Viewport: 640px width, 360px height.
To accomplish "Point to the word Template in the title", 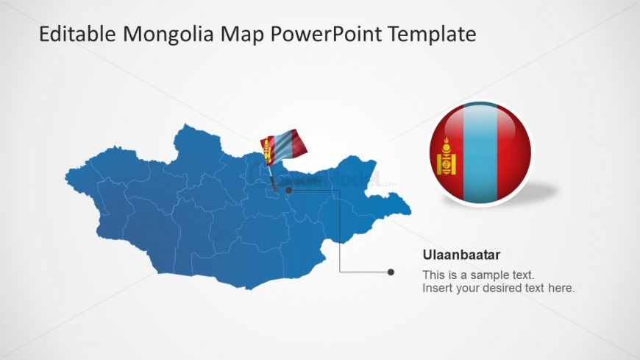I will click(x=434, y=34).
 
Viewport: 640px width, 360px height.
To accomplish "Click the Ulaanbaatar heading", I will click(x=461, y=255).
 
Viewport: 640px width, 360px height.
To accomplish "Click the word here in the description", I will click(x=562, y=288).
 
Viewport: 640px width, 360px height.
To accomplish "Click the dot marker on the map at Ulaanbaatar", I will click(x=289, y=190).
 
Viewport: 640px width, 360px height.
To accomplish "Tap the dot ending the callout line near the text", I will click(x=391, y=272).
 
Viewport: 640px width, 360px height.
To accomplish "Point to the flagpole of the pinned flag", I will click(x=271, y=177).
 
